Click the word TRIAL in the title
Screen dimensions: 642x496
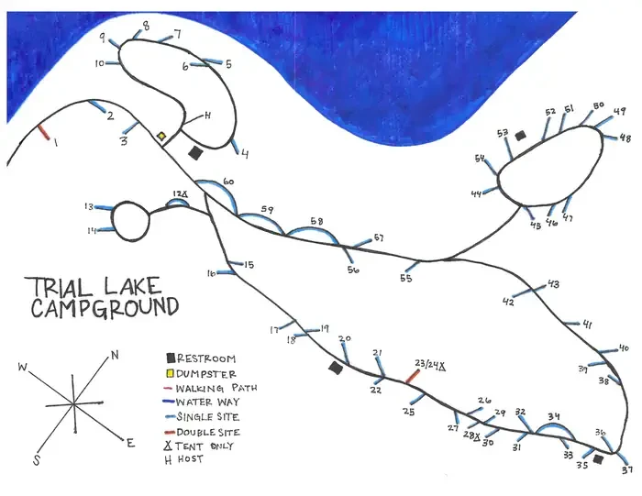point(59,287)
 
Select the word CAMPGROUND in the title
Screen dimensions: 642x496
point(105,308)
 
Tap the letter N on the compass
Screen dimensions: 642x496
point(115,355)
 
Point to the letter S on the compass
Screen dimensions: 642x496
point(37,460)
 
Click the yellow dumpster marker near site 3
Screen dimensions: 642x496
point(161,137)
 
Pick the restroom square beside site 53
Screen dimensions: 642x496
point(520,136)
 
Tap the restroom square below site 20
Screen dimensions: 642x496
point(336,368)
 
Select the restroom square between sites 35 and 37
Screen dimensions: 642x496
point(598,459)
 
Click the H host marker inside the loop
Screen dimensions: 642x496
point(207,116)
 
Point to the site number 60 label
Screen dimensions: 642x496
point(228,182)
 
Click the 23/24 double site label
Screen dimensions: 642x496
point(430,364)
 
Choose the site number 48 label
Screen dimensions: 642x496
point(625,138)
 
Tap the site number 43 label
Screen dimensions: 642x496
point(554,284)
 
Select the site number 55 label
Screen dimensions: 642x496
point(405,279)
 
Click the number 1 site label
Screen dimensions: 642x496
point(55,142)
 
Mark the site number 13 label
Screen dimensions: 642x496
point(89,206)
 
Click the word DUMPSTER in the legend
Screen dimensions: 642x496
point(206,374)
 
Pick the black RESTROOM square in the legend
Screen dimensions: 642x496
point(171,358)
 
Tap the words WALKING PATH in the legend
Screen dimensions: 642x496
point(216,388)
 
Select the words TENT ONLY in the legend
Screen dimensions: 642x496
point(204,446)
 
